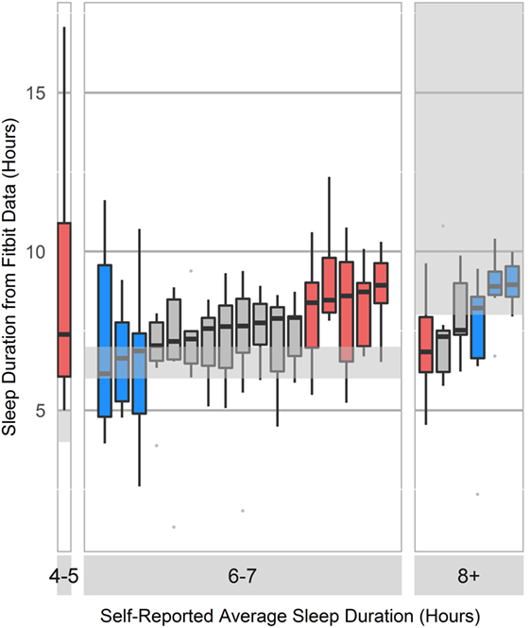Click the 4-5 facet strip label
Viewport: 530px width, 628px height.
[64, 574]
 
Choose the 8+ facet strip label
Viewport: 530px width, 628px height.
[469, 574]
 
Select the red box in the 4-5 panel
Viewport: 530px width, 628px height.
[64, 299]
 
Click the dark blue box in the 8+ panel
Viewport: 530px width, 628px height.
[478, 327]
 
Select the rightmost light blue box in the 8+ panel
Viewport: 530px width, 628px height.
[512, 281]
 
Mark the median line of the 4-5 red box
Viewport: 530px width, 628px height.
[64, 334]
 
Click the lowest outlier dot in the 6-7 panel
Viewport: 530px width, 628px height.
[174, 527]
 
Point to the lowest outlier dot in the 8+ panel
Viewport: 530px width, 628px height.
[478, 494]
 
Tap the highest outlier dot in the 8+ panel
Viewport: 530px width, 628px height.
[443, 227]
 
